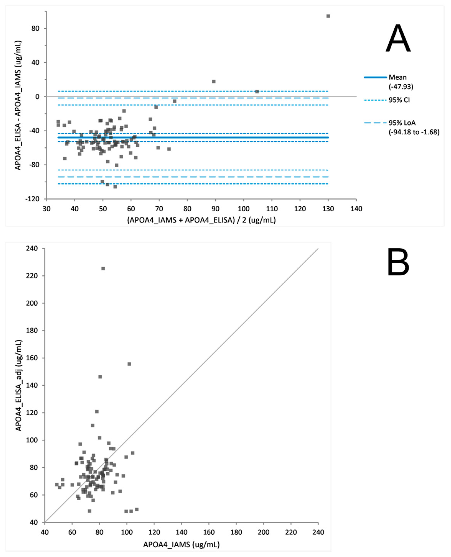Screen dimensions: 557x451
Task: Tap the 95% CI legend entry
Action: coord(399,100)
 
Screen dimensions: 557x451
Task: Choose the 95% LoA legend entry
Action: coord(413,127)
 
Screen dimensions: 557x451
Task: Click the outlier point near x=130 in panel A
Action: coord(328,16)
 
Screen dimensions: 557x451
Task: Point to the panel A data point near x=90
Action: coord(214,81)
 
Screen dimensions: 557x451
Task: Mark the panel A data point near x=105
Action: coord(257,92)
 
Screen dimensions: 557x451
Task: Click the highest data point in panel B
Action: coord(103,268)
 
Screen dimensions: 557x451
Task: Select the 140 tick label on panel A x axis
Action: coord(356,209)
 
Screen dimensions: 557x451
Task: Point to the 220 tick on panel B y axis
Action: coord(32,276)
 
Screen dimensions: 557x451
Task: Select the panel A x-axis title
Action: coord(201,220)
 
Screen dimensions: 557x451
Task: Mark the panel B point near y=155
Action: coord(129,364)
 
